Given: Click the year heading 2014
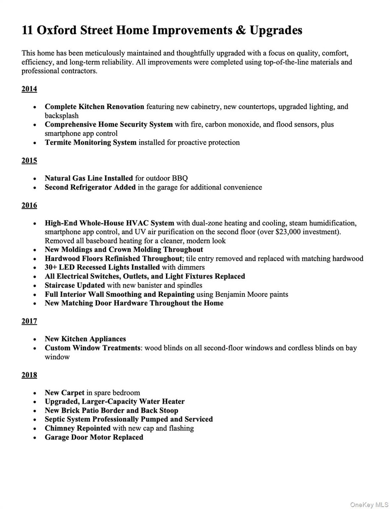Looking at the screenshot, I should (x=29, y=89).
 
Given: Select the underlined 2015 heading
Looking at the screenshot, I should (x=29, y=161).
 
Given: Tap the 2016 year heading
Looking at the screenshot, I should (x=29, y=206).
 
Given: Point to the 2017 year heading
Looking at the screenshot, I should (x=29, y=322).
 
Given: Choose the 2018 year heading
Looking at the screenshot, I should (x=29, y=375).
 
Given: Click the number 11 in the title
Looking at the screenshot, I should (x=28, y=31).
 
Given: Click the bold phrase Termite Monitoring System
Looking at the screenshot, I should (x=90, y=143).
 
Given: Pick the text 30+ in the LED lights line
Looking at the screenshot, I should (x=52, y=267).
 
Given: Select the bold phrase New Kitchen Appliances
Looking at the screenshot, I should (x=85, y=339).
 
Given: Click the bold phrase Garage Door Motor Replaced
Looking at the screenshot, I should (x=94, y=437).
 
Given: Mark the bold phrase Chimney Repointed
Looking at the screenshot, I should (x=78, y=428).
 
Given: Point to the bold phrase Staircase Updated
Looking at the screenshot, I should (x=75, y=285).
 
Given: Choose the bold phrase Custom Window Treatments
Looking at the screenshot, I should (x=93, y=348).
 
